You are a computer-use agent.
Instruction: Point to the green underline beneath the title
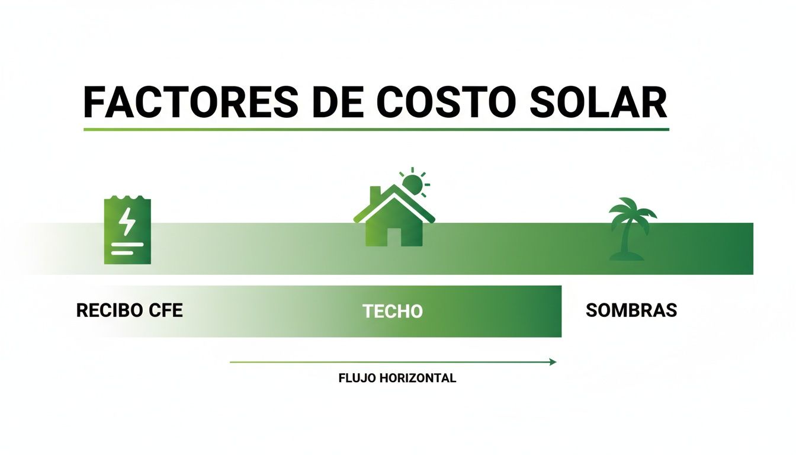tap(376, 129)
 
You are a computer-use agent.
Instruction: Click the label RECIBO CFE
tap(130, 310)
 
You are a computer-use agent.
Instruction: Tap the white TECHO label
tap(392, 311)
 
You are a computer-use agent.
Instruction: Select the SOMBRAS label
tap(631, 310)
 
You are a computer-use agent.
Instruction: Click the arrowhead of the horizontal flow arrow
tap(553, 361)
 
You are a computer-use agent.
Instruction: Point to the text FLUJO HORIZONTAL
tap(397, 378)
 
